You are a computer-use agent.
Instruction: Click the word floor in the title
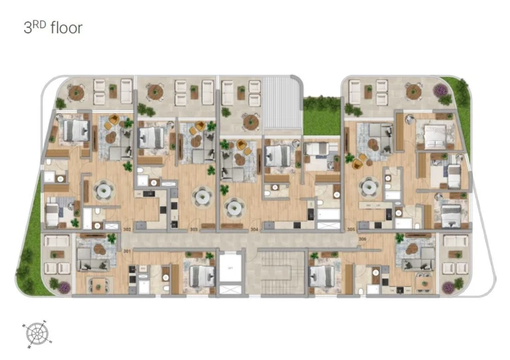[x=65, y=29]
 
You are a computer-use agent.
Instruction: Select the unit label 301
[x=126, y=250]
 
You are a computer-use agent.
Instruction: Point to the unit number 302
[x=126, y=229]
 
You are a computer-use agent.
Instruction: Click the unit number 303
[x=193, y=229]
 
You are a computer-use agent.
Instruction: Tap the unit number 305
[x=351, y=229]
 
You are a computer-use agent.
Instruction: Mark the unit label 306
[x=362, y=237]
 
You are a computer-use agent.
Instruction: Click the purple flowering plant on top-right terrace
[x=440, y=90]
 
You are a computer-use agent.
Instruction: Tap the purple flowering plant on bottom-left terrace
[x=64, y=287]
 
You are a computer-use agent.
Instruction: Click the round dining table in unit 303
[x=202, y=196]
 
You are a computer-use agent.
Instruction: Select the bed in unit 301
[x=198, y=274]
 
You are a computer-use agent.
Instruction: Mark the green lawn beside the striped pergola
[x=321, y=116]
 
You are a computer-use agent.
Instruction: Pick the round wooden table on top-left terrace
[x=77, y=92]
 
